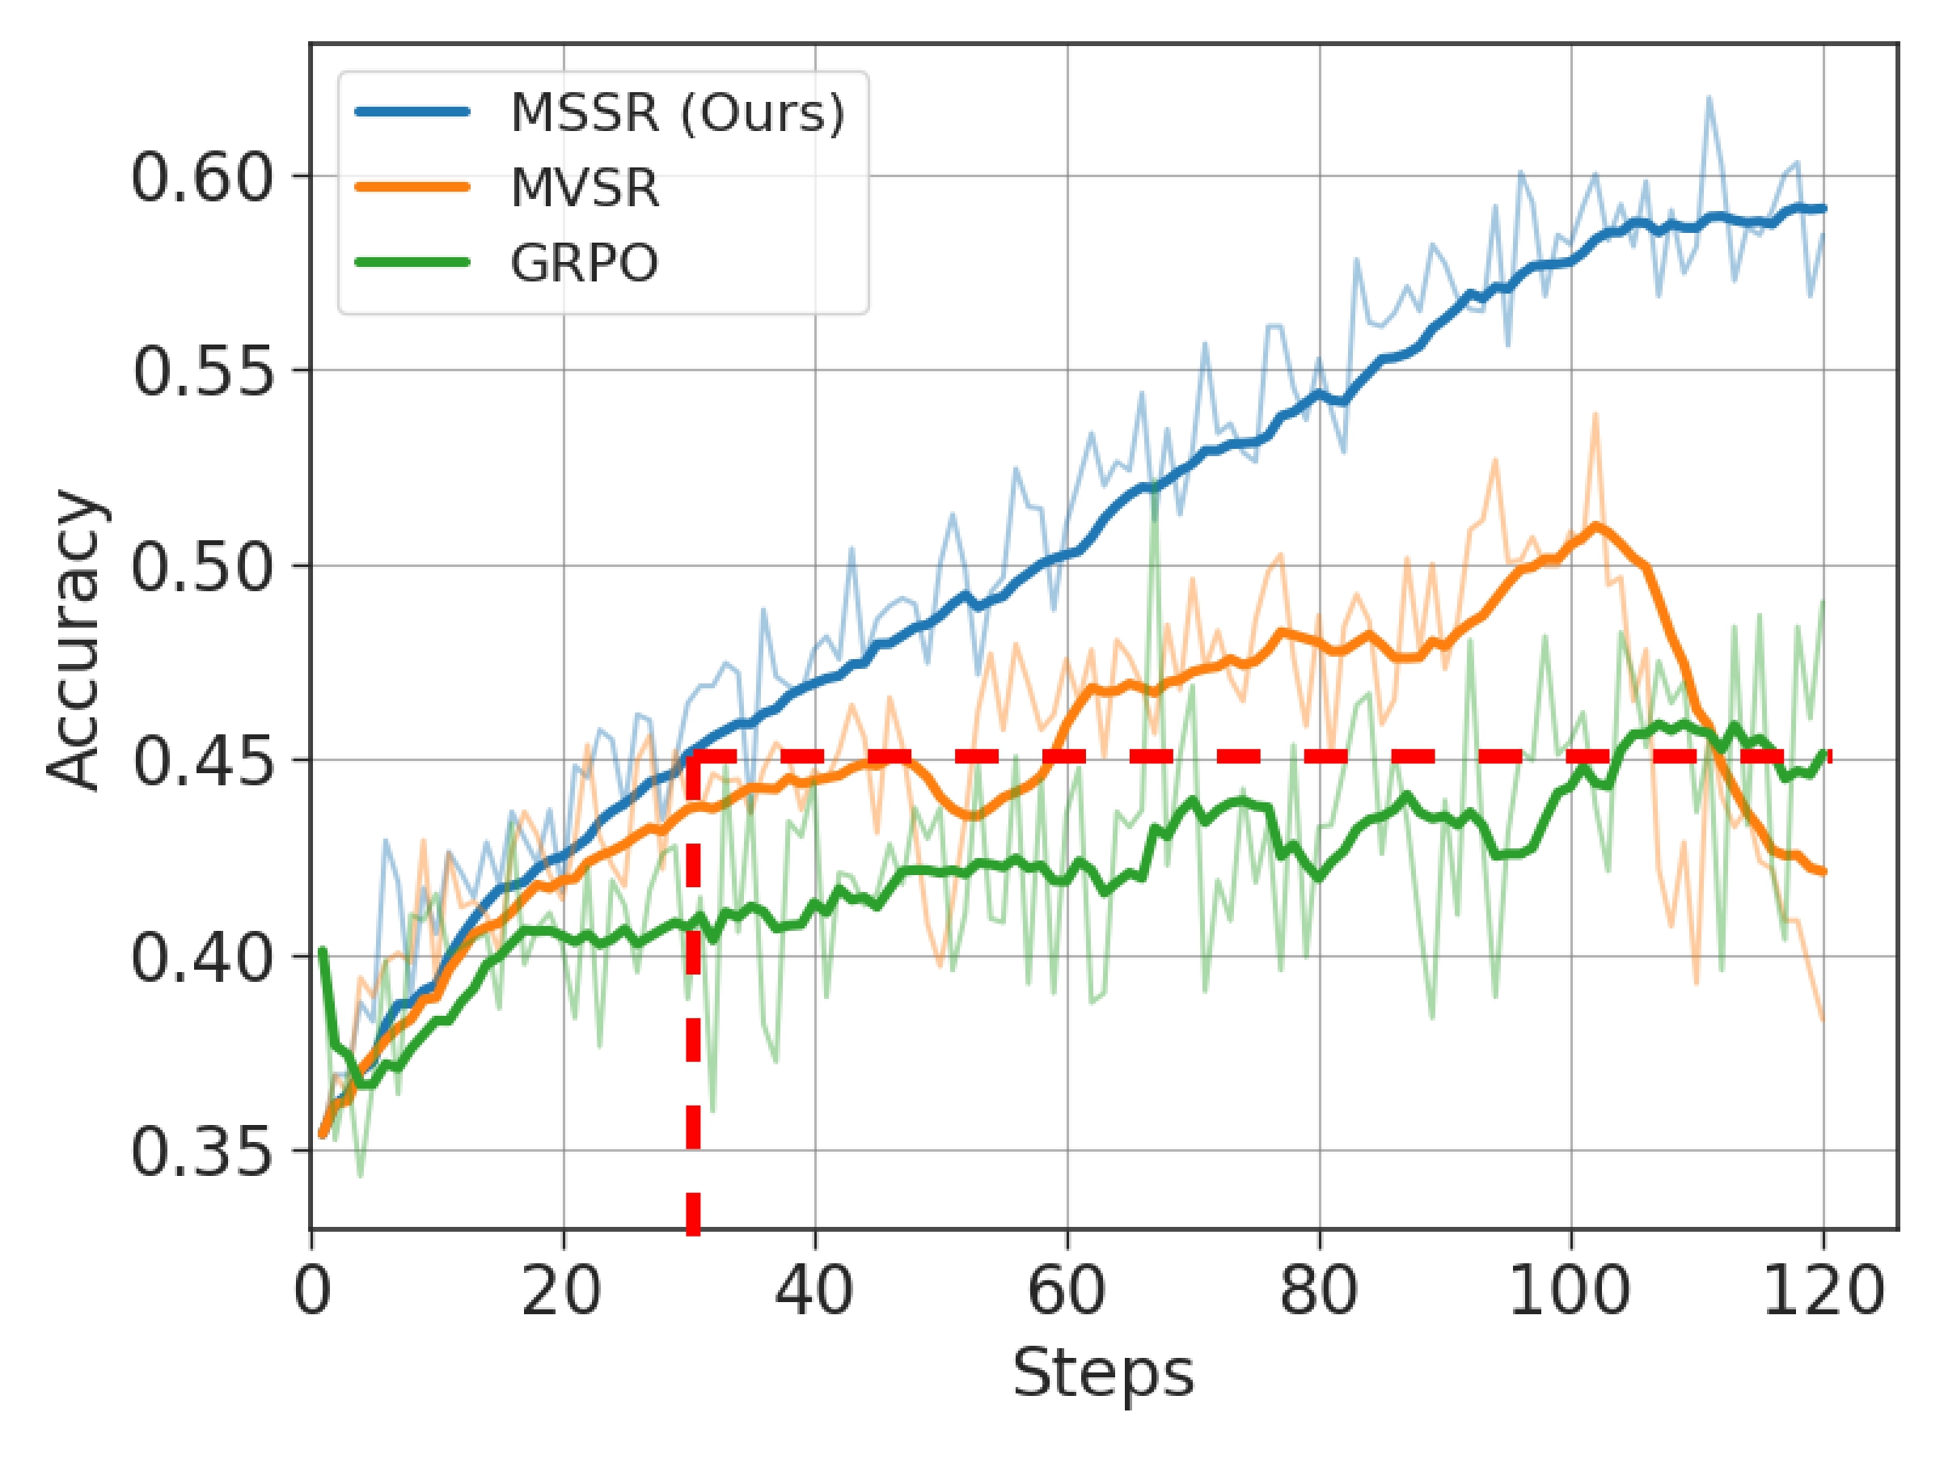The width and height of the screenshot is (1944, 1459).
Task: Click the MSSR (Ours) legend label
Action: click(677, 112)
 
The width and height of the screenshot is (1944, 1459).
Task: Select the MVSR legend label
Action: click(585, 187)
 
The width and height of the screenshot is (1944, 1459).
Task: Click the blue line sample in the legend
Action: click(412, 112)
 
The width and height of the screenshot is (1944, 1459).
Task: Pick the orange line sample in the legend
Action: click(412, 186)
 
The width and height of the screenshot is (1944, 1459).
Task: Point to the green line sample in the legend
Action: click(412, 261)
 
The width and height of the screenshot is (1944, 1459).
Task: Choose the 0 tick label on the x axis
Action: click(312, 1291)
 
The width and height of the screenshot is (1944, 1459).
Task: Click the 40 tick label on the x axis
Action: click(814, 1291)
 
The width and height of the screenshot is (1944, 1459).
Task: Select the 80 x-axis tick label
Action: click(1318, 1291)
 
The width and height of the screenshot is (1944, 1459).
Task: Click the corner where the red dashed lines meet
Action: click(693, 756)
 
